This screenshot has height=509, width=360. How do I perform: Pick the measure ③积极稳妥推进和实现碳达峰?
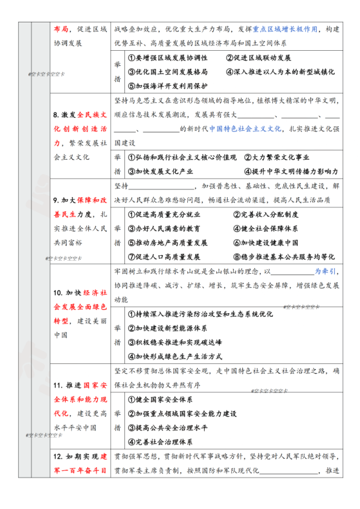click(174, 342)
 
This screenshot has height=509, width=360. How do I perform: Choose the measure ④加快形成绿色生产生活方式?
click(174, 356)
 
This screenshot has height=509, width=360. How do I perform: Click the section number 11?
click(58, 385)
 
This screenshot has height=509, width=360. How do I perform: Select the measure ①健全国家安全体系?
click(160, 400)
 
